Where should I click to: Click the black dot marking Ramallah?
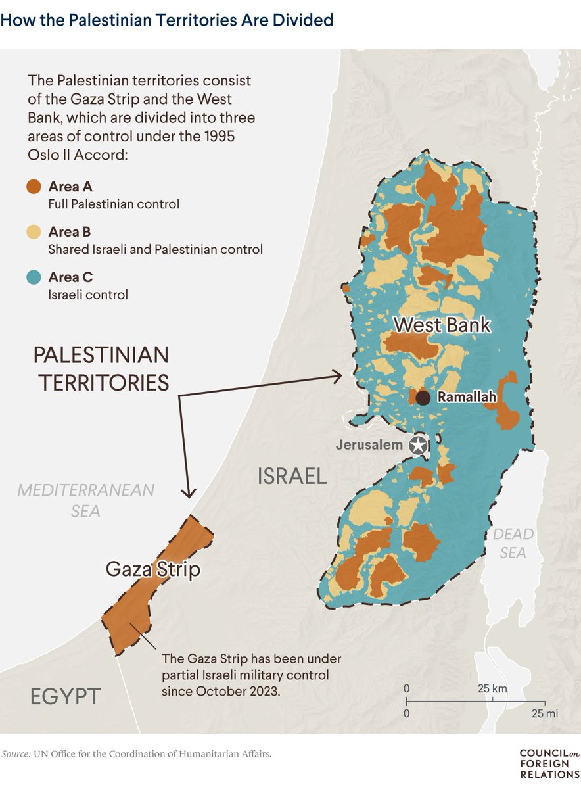pyautogui.click(x=423, y=398)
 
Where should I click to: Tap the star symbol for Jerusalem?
pyautogui.click(x=417, y=445)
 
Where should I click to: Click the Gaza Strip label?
pyautogui.click(x=152, y=569)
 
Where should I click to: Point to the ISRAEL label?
pyautogui.click(x=292, y=475)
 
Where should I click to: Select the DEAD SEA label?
pyautogui.click(x=513, y=543)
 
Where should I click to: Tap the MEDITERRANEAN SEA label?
pyautogui.click(x=85, y=500)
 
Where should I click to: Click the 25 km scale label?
pyautogui.click(x=492, y=688)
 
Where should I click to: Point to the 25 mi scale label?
pyautogui.click(x=545, y=713)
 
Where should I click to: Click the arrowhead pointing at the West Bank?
pyautogui.click(x=338, y=376)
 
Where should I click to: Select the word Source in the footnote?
pyautogui.click(x=14, y=754)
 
